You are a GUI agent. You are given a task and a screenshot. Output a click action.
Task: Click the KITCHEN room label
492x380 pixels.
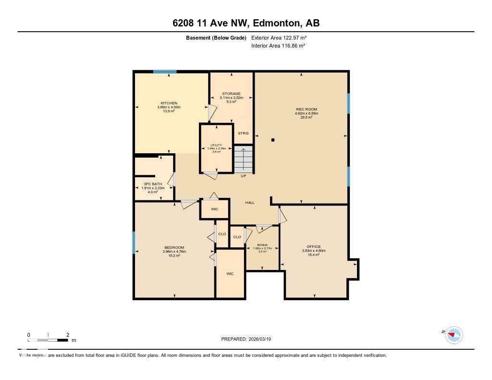tap(169, 103)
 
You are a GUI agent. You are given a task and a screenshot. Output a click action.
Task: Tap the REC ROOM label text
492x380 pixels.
tap(307, 110)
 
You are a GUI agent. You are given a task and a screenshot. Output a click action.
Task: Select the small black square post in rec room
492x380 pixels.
tap(273, 140)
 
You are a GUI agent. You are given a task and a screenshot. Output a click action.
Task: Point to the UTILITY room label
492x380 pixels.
tap(216, 145)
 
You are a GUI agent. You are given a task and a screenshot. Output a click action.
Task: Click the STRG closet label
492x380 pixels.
tap(244, 133)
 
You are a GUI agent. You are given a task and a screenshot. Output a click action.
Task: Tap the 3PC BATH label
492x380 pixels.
tap(153, 184)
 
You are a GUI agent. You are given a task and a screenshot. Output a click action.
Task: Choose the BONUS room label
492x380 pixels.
tap(262, 245)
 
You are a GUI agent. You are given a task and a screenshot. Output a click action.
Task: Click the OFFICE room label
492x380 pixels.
tap(314, 246)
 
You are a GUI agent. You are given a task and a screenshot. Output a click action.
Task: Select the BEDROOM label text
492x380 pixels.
tap(174, 247)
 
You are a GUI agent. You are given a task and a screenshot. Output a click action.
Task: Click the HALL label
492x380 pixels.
tap(250, 203)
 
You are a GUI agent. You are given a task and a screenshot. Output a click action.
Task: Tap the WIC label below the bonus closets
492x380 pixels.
tap(230, 273)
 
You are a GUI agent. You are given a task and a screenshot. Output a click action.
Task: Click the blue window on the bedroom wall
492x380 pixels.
tap(134, 243)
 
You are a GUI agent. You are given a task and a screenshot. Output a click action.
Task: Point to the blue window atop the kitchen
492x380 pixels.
tap(165, 72)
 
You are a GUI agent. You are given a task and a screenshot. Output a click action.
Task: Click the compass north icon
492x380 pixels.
tap(454, 334)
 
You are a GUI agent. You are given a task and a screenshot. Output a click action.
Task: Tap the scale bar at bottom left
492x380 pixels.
tap(48, 340)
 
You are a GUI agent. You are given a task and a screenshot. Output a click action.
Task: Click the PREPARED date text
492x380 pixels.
tap(249, 339)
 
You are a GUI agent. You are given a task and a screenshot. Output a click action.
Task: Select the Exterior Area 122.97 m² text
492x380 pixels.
tap(279, 37)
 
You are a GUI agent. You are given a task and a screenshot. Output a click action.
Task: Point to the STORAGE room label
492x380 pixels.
tap(231, 94)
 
